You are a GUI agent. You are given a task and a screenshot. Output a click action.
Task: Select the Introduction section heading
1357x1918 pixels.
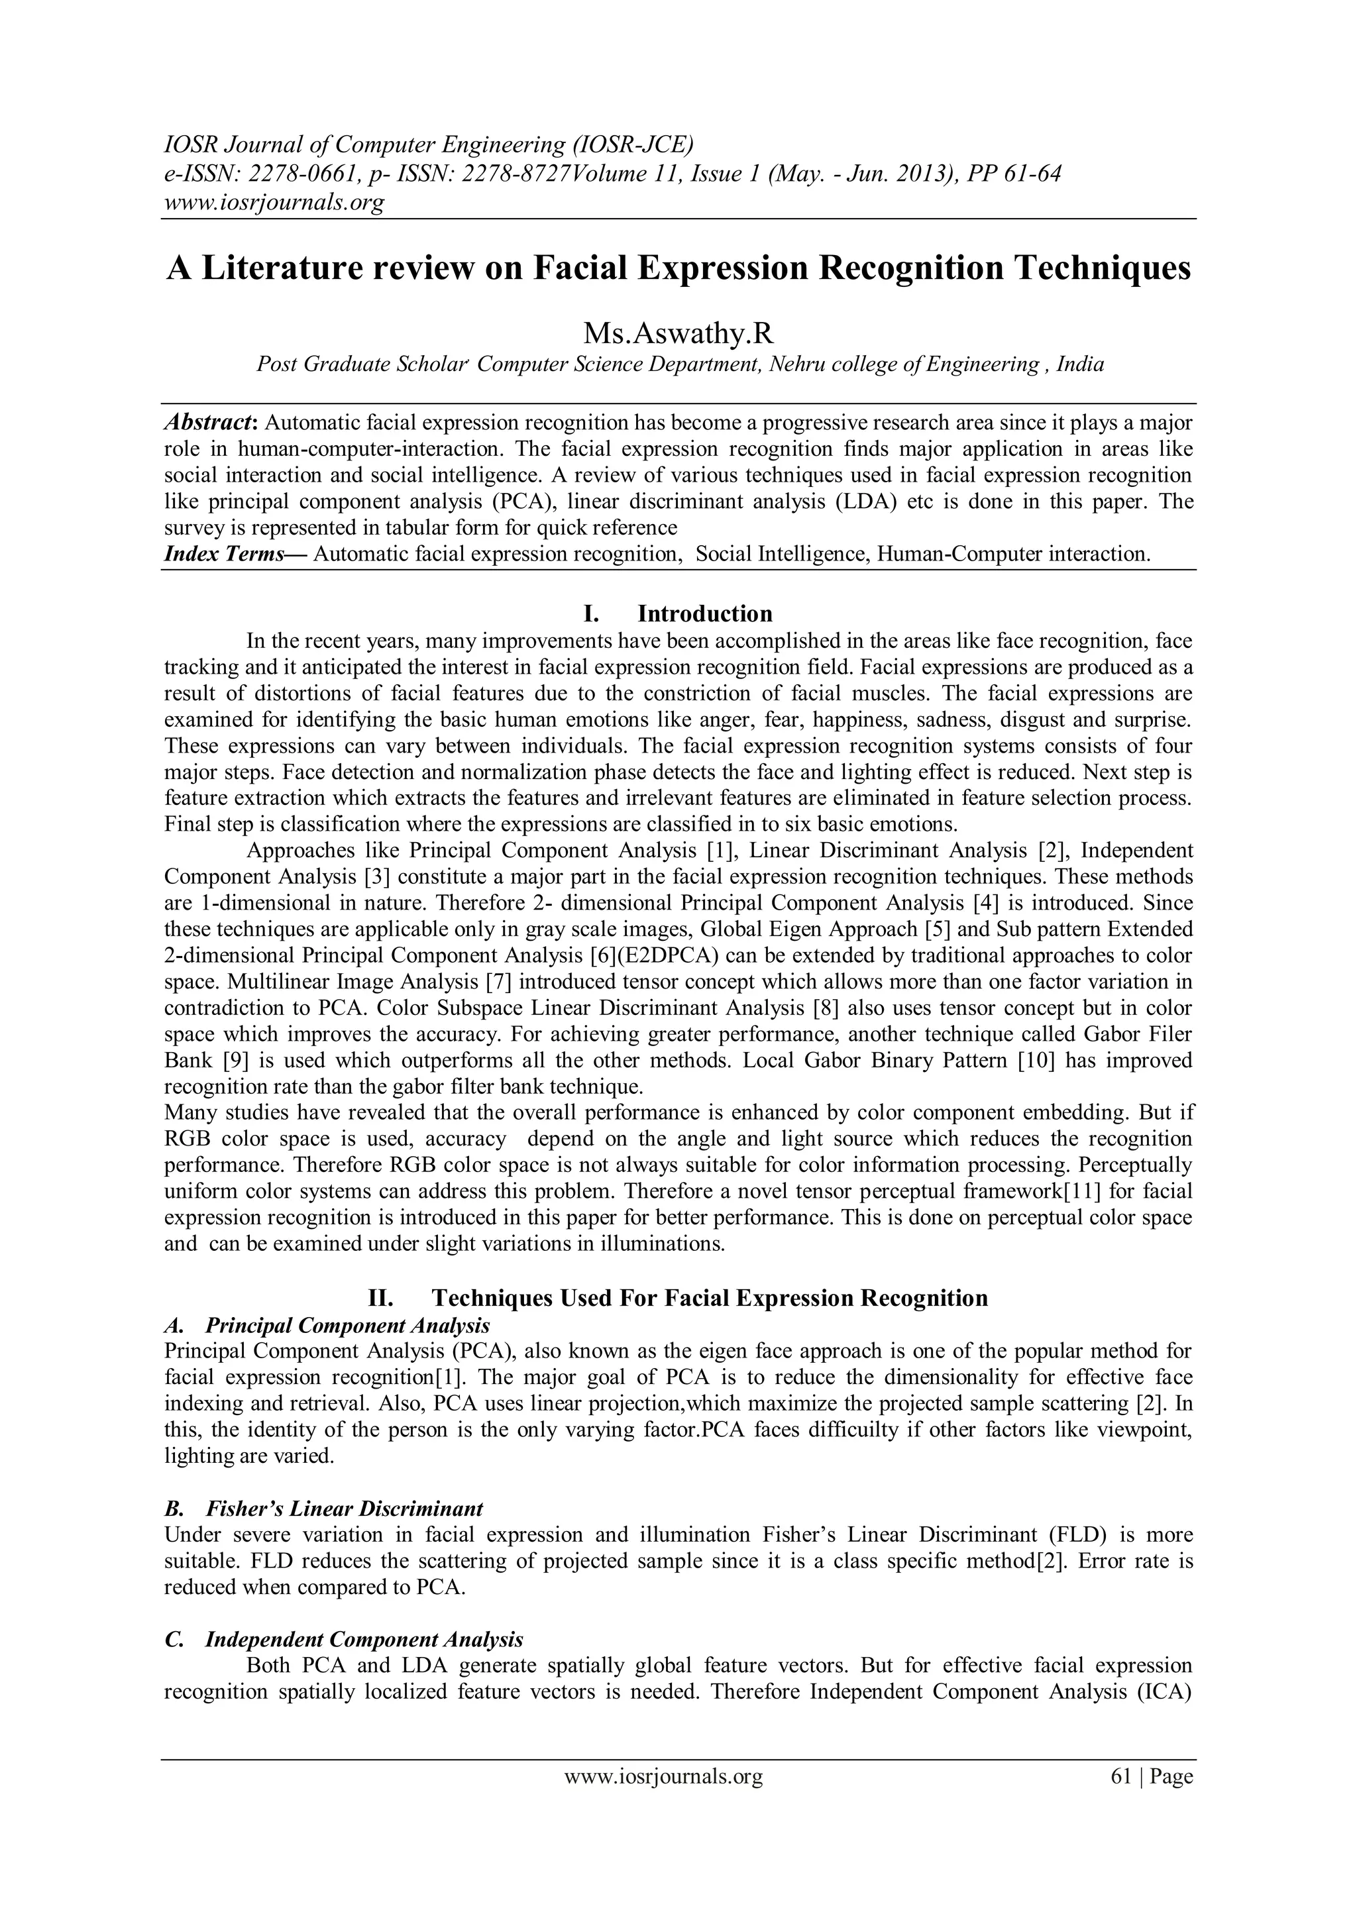[704, 614]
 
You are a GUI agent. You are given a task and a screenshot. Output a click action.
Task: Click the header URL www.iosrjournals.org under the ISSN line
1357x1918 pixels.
[273, 203]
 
